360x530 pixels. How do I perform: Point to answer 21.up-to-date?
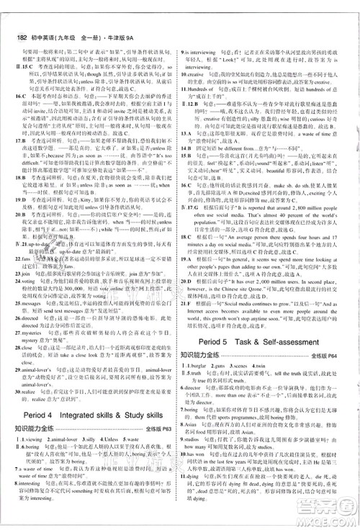coord(32,245)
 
